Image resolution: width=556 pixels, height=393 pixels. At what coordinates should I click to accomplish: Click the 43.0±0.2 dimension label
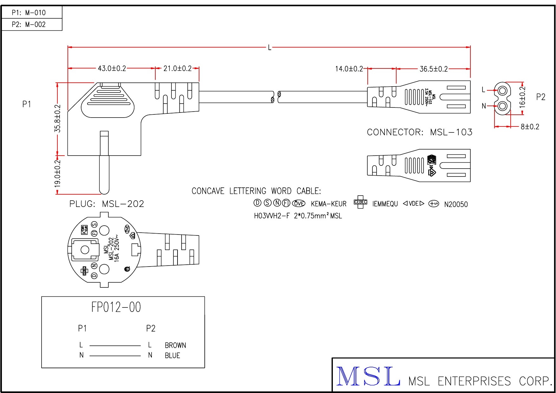pyautogui.click(x=112, y=68)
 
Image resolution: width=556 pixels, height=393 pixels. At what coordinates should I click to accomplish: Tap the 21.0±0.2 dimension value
pyautogui.click(x=177, y=68)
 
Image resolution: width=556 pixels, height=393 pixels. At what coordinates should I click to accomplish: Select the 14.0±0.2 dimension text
pyautogui.click(x=349, y=69)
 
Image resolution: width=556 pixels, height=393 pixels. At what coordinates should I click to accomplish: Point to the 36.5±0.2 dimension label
pyautogui.click(x=433, y=69)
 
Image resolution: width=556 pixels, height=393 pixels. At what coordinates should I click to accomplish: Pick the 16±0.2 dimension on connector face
pyautogui.click(x=522, y=97)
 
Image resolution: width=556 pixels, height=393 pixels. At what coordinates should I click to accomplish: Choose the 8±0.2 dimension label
pyautogui.click(x=530, y=127)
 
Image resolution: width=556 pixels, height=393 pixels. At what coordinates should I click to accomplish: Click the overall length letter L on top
pyautogui.click(x=269, y=48)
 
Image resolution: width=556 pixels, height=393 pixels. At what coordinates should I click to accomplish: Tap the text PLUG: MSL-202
pyautogui.click(x=107, y=204)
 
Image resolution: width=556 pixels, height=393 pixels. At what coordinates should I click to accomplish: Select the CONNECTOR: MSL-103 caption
pyautogui.click(x=419, y=132)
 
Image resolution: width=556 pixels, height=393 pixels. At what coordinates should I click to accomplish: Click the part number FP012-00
pyautogui.click(x=116, y=307)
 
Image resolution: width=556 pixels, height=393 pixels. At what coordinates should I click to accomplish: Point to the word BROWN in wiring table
pyautogui.click(x=175, y=345)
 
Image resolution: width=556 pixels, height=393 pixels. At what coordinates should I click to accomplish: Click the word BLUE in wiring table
pyautogui.click(x=172, y=356)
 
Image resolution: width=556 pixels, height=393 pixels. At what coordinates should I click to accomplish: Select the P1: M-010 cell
pyautogui.click(x=29, y=13)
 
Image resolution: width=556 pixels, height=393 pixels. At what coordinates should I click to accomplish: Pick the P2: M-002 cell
pyautogui.click(x=29, y=24)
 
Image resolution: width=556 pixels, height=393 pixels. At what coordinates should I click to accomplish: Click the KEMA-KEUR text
pyautogui.click(x=328, y=204)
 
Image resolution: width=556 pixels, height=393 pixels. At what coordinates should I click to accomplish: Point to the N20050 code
pyautogui.click(x=456, y=204)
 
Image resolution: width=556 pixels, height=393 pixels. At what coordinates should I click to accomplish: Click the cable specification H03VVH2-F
pyautogui.click(x=272, y=216)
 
